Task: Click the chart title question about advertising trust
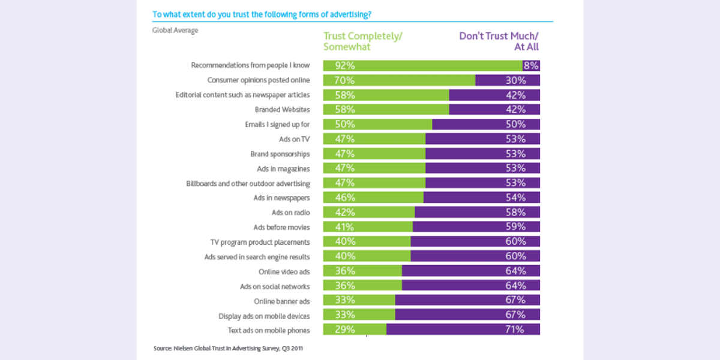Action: [262, 14]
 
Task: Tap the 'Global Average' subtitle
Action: [175, 30]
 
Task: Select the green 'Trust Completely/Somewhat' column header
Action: [362, 41]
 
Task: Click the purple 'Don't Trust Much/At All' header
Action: [499, 41]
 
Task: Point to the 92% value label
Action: [345, 66]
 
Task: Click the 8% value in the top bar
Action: [531, 66]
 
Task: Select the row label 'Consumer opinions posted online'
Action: [259, 80]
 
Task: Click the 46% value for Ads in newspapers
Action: [345, 197]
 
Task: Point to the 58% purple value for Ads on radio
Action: [515, 212]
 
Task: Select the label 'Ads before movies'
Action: [281, 227]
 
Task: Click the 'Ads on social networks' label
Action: [275, 286]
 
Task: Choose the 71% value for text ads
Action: [515, 329]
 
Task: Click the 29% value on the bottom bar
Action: [345, 329]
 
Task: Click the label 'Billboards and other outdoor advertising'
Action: [248, 183]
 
